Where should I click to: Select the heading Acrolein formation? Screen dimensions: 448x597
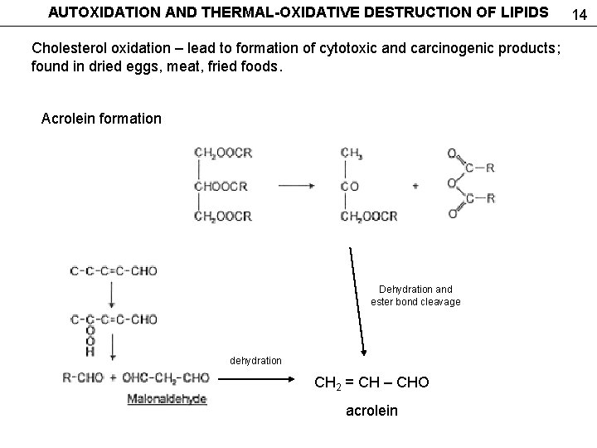pyautogui.click(x=101, y=119)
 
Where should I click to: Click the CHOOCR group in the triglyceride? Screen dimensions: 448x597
pyautogui.click(x=223, y=185)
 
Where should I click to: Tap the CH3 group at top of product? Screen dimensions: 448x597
pyautogui.click(x=352, y=153)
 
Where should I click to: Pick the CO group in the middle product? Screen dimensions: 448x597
pyautogui.click(x=350, y=186)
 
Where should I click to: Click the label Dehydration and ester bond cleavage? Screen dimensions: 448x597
pyautogui.click(x=415, y=295)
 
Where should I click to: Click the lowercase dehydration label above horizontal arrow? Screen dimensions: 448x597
pyautogui.click(x=255, y=361)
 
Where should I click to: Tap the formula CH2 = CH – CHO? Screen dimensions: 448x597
pyautogui.click(x=371, y=383)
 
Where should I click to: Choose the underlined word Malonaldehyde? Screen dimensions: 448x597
pyautogui.click(x=167, y=399)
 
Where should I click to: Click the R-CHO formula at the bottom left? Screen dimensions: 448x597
pyautogui.click(x=83, y=378)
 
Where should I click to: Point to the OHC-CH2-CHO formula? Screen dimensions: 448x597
pyautogui.click(x=166, y=378)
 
